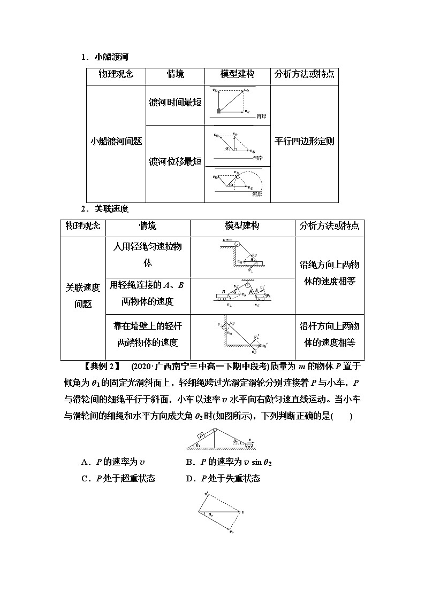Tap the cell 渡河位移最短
click(x=175, y=161)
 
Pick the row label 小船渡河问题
click(x=116, y=142)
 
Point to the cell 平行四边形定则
click(x=304, y=142)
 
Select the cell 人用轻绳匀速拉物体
click(x=148, y=254)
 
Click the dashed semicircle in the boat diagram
click(x=251, y=181)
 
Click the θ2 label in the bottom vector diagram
click(x=210, y=514)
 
